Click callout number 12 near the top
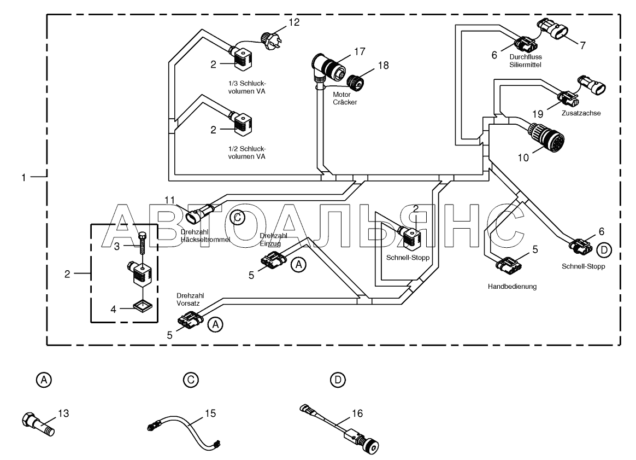coord(293,22)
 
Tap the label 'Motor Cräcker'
coord(345,98)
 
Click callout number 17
coord(360,51)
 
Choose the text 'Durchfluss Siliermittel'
coord(526,61)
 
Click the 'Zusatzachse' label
coord(581,113)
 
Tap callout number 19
coord(538,114)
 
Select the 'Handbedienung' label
coord(512,286)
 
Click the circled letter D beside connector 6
coord(604,250)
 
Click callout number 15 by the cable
coord(210,414)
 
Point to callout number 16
coord(357,414)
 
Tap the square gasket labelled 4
coord(142,305)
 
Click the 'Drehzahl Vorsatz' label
coord(190,299)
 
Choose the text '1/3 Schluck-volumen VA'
coord(246,88)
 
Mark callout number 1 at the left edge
coord(23,177)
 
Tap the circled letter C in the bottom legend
coord(191,380)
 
